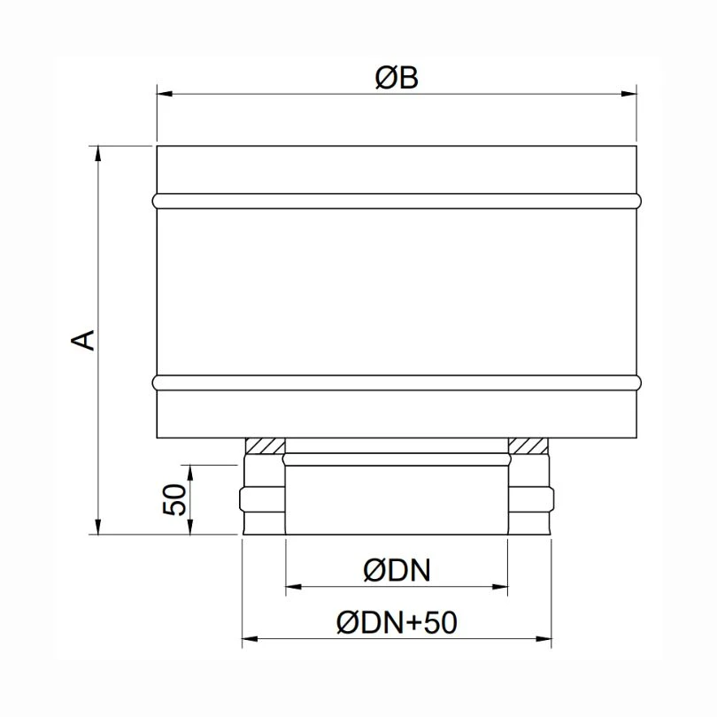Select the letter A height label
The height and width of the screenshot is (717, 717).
pyautogui.click(x=82, y=339)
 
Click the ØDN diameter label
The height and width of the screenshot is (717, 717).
pyautogui.click(x=396, y=572)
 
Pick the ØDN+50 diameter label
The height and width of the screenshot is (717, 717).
pyautogui.click(x=396, y=623)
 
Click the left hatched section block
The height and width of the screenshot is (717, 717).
pyautogui.click(x=265, y=445)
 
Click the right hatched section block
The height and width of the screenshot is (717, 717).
pyautogui.click(x=528, y=445)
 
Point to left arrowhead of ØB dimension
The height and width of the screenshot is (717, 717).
pyautogui.click(x=164, y=92)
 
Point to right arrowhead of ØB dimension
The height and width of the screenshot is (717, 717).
pyautogui.click(x=630, y=92)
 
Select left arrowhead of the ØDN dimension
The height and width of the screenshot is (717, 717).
pyautogui.click(x=292, y=586)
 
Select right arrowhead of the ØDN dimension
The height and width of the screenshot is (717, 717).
pyautogui.click(x=501, y=586)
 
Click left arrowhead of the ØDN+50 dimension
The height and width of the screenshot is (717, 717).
pyautogui.click(x=249, y=636)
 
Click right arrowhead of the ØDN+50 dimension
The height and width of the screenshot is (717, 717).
pyautogui.click(x=545, y=636)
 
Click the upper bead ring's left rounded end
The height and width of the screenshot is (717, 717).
pyautogui.click(x=157, y=201)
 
